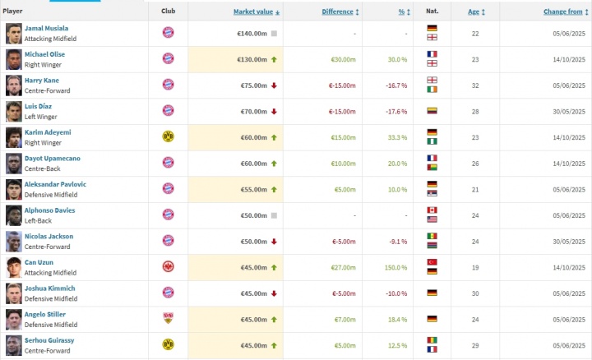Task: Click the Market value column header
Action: point(254,12)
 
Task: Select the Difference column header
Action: point(338,12)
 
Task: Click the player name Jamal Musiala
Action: point(45,29)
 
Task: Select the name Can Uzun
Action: point(38,263)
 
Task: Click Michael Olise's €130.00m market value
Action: point(252,59)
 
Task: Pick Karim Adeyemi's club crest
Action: point(168,136)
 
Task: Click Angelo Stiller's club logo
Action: point(168,318)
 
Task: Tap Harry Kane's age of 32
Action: point(474,85)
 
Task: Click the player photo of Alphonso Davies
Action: point(13,215)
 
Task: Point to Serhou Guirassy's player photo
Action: point(13,344)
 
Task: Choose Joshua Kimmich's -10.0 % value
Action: point(397,293)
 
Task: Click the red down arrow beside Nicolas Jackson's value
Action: point(274,241)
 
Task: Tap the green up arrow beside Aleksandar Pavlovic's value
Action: point(274,188)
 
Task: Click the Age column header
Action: point(474,12)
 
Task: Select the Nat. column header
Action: point(431,12)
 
